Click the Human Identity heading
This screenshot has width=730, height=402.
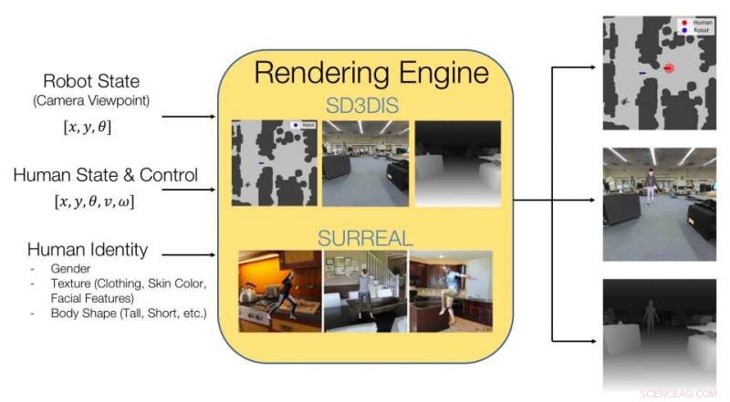point(88,250)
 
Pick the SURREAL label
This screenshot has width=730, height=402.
point(365,239)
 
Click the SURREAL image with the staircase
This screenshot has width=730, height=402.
point(365,291)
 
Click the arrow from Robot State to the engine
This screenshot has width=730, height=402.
point(187,117)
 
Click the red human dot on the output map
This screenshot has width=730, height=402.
point(668,68)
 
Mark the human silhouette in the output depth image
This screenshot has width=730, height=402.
point(650,317)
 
